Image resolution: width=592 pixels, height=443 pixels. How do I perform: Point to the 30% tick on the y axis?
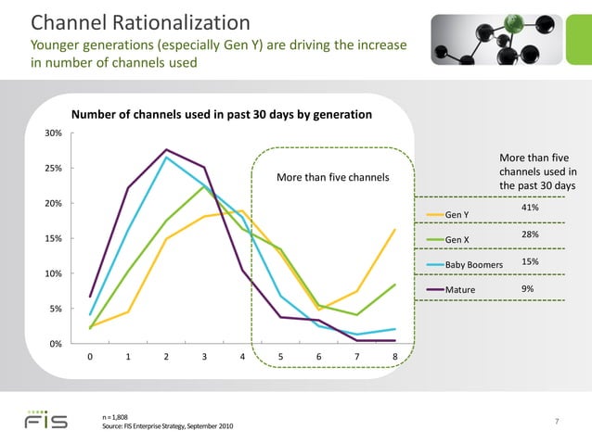(x=53, y=133)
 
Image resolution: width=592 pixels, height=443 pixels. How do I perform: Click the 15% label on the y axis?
(x=53, y=238)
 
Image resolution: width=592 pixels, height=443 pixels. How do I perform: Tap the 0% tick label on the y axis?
(x=56, y=344)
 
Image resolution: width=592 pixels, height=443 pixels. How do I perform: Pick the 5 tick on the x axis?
(x=280, y=357)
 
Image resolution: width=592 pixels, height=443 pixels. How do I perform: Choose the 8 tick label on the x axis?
(x=395, y=357)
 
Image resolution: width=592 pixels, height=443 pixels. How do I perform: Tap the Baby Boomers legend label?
(x=473, y=265)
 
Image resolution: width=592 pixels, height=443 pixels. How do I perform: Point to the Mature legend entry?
(x=460, y=290)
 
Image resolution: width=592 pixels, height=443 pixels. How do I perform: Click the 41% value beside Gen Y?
(x=531, y=209)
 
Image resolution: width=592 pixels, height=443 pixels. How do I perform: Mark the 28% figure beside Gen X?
(x=531, y=235)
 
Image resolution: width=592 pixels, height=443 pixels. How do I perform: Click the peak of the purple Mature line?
(x=166, y=149)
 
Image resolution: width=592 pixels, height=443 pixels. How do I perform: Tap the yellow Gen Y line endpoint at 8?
(x=395, y=230)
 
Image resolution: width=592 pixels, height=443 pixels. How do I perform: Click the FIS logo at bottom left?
(x=45, y=420)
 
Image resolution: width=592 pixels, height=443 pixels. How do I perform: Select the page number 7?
(x=556, y=422)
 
